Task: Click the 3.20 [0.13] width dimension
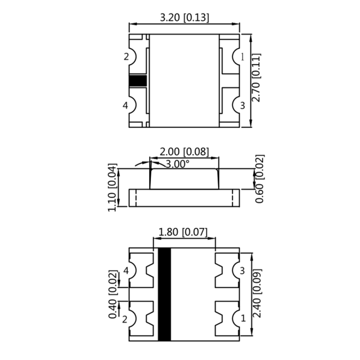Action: coord(184,18)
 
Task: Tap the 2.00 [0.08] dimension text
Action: coord(185,152)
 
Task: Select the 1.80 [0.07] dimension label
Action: coord(184,232)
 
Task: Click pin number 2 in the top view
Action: coord(126,57)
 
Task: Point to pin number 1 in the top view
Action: coord(243,57)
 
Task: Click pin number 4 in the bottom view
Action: coord(126,271)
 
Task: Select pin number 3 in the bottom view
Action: coord(242,271)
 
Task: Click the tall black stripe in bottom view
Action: coord(165,295)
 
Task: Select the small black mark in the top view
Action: coord(138,81)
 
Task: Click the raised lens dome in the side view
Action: coord(184,178)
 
